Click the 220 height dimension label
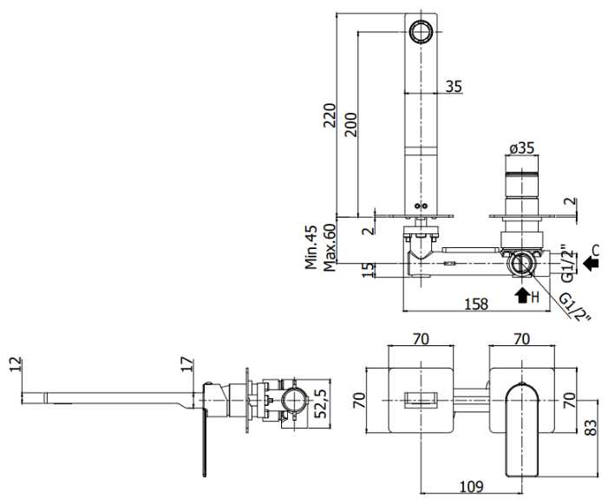tap(330, 115)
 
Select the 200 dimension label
tap(351, 124)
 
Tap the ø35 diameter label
tap(521, 147)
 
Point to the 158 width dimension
tap(476, 304)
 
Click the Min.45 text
tap(311, 247)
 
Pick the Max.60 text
tap(330, 247)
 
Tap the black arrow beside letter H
tap(522, 295)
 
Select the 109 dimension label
tap(472, 486)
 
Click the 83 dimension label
tap(591, 428)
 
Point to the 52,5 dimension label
tap(321, 403)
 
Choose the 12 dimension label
tap(16, 364)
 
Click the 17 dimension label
tap(187, 364)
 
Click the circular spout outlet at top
tap(421, 31)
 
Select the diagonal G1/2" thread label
tap(575, 308)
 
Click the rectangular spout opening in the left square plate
tap(421, 400)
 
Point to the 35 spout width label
tap(454, 87)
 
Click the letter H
tap(535, 298)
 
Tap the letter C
tap(596, 250)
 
